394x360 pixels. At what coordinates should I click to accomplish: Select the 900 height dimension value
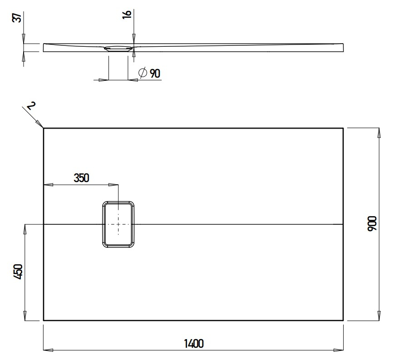[x=372, y=224]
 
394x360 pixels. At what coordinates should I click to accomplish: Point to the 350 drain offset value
[x=81, y=178]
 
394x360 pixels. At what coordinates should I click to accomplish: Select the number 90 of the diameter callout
[x=155, y=73]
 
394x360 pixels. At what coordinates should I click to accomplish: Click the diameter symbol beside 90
[x=142, y=73]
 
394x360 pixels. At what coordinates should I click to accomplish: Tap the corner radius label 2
[x=30, y=106]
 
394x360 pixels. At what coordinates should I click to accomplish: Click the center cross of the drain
[x=118, y=224]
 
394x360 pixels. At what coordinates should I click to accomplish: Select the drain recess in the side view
[x=119, y=47]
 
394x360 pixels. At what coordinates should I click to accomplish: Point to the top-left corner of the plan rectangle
[x=44, y=128]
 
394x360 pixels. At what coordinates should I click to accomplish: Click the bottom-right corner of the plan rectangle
[x=343, y=321]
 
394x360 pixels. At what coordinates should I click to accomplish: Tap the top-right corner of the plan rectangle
[x=343, y=128]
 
